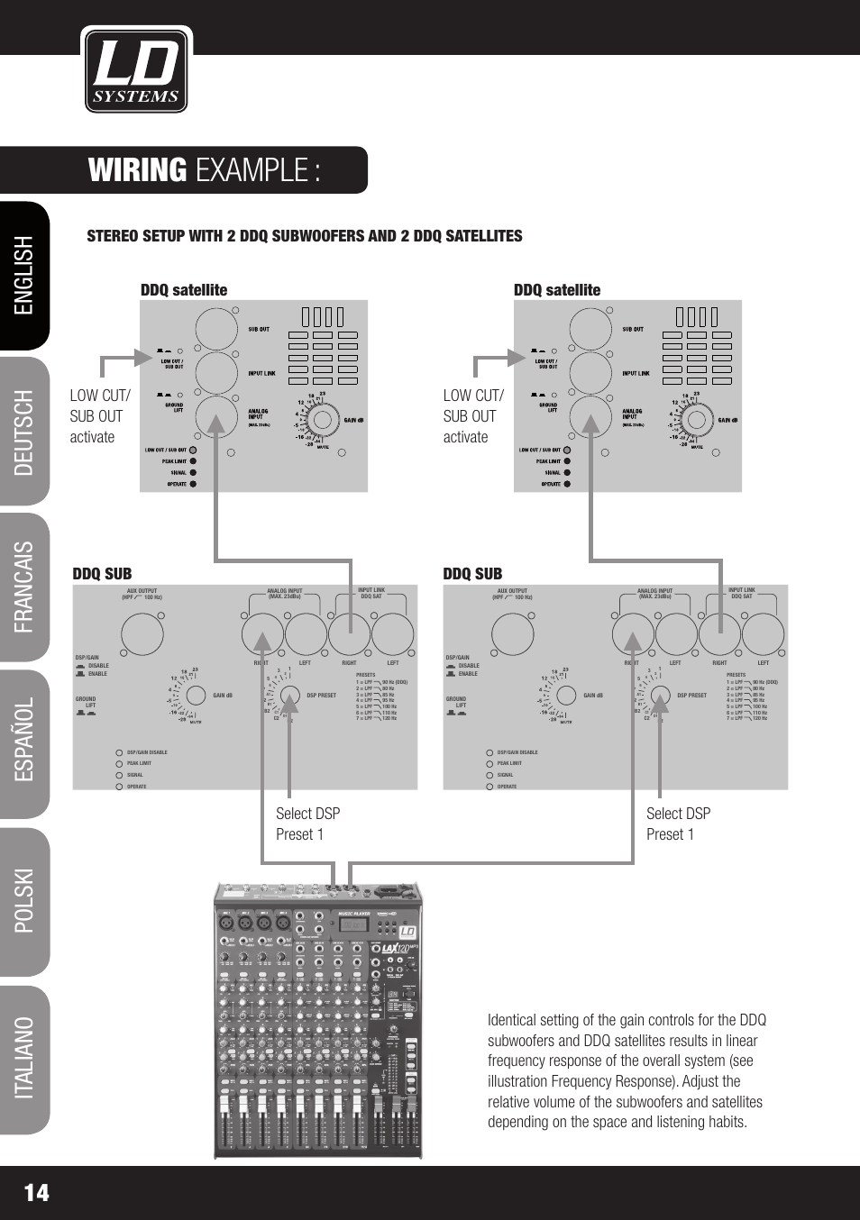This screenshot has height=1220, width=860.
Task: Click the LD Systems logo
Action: pos(136,69)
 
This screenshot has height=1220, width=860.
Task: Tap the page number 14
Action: pos(37,1192)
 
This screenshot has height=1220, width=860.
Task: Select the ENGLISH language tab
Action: pos(24,276)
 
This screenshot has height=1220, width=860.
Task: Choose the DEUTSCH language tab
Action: pos(24,432)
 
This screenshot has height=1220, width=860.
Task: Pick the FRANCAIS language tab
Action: pos(24,587)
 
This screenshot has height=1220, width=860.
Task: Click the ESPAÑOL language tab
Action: pos(24,744)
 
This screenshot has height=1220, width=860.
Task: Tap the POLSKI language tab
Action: pos(24,901)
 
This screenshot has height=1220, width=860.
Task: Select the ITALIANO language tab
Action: pos(24,1058)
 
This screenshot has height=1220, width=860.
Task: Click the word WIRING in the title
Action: pos(138,170)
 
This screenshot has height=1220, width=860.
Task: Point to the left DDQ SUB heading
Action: pos(102,574)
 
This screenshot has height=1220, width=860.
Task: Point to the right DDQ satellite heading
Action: pos(557,290)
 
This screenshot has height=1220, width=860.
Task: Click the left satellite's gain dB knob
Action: pos(321,420)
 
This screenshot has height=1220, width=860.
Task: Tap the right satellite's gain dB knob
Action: pos(695,420)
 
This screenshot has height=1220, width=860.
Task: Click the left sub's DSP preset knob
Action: pos(289,696)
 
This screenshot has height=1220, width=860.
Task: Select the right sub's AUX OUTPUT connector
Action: pos(513,634)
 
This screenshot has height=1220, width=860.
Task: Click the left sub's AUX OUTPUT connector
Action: pos(142,634)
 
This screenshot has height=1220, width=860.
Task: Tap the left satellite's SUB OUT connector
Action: pos(216,330)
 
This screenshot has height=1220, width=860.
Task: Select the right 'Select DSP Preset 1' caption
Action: pos(678,824)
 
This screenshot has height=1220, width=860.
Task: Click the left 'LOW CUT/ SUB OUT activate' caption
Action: pos(100,416)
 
